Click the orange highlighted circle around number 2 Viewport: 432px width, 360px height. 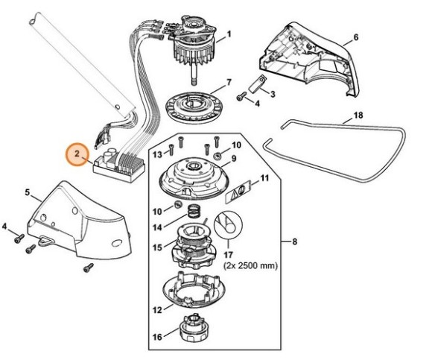point(77,154)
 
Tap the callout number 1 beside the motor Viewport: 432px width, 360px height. point(229,34)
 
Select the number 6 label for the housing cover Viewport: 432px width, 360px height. point(356,37)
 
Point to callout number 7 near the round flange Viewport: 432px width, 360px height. point(229,82)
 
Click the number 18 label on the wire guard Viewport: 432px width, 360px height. point(358,115)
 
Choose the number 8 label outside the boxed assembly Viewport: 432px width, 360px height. point(295,241)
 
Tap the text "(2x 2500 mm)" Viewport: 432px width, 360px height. point(250,266)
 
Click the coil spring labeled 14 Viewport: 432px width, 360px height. point(195,212)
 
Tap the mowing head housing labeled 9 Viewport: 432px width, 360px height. point(194,177)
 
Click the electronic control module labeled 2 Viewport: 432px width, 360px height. point(119,165)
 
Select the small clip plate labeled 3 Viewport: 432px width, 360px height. point(258,83)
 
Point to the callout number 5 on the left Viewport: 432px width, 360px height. point(27,192)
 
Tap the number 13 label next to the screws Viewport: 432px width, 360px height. point(157,154)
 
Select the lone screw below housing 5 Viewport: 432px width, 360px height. point(89,268)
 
